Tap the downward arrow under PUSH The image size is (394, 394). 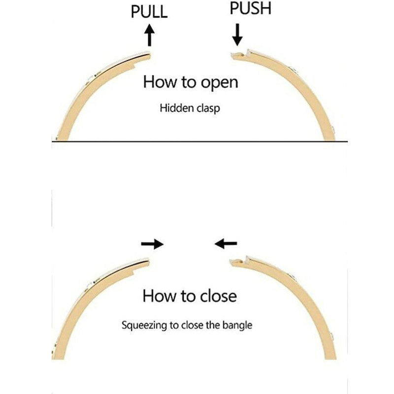pyautogui.click(x=237, y=33)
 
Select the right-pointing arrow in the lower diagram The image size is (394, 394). pyautogui.click(x=152, y=243)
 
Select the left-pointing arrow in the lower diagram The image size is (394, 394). pyautogui.click(x=226, y=243)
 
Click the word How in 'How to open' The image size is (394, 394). pyautogui.click(x=159, y=82)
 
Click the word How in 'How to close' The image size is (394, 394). pyautogui.click(x=158, y=296)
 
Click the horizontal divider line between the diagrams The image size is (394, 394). pyautogui.click(x=197, y=142)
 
